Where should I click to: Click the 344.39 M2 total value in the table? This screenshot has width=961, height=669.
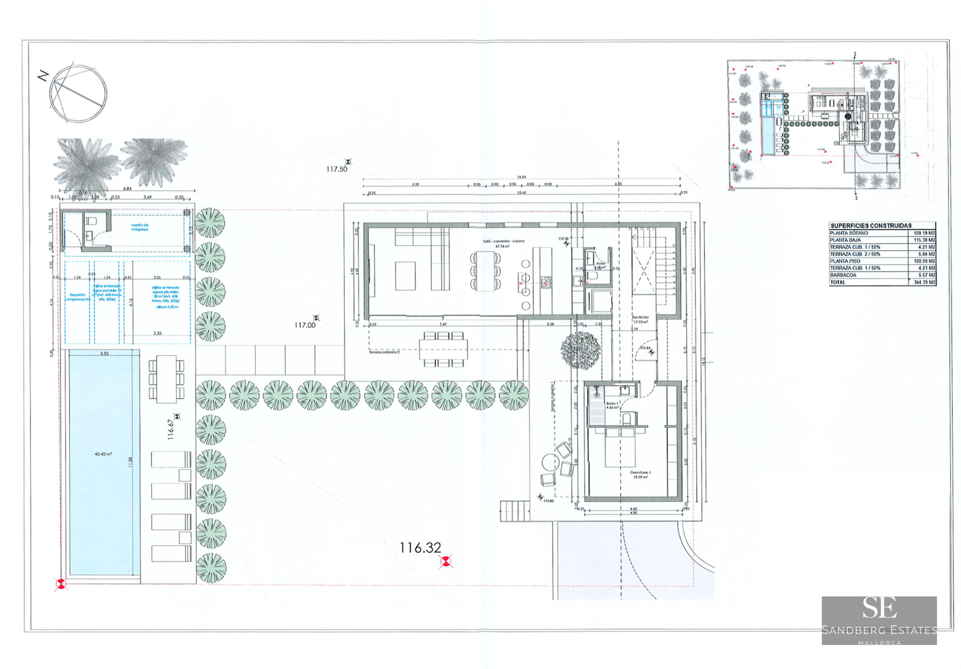pos(924,282)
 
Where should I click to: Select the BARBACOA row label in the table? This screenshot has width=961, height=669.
pos(843,275)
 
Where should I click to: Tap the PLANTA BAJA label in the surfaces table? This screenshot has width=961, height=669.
pos(845,240)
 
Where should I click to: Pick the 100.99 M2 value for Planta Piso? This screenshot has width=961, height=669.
pos(924,261)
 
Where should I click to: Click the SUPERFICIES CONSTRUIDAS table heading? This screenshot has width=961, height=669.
pos(871,226)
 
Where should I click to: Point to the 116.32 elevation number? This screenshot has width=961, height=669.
pos(420,548)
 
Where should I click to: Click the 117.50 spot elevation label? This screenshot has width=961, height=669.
pos(336,170)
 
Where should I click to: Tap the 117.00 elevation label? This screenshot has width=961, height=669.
pos(305,325)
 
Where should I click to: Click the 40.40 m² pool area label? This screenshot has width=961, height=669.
pos(103,454)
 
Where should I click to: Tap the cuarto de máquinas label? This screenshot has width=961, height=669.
pos(140,227)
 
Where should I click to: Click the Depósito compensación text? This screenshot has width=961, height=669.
pos(78,297)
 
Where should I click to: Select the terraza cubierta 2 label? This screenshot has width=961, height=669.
pos(384,352)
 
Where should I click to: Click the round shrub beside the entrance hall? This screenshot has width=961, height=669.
pos(580,350)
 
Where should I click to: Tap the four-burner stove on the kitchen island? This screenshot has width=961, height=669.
pos(546,283)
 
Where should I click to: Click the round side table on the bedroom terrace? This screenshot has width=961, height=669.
pos(550,461)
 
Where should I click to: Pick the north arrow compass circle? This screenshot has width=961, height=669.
pos(78,94)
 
